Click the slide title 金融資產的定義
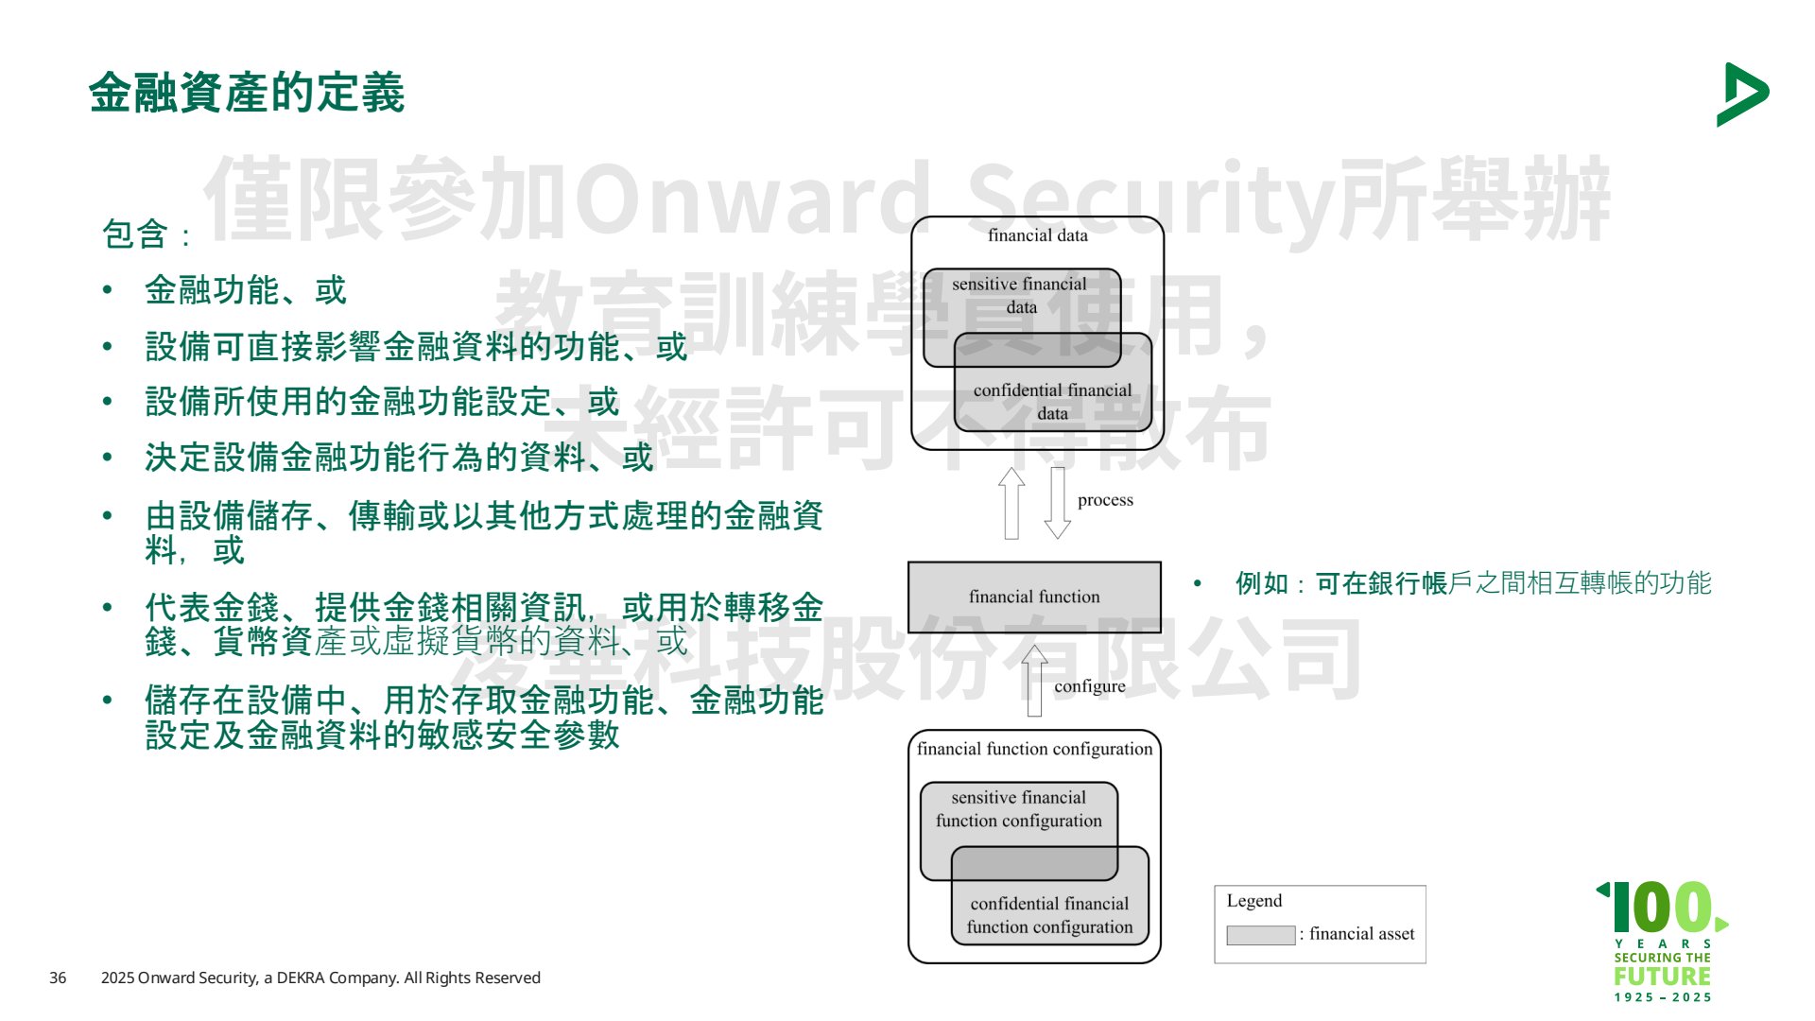(x=247, y=93)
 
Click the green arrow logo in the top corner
(x=1742, y=95)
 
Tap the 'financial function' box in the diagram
(x=1034, y=597)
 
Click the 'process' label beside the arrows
(x=1105, y=500)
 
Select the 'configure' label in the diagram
(x=1089, y=686)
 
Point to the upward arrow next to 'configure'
(x=1035, y=681)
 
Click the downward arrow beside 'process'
(x=1058, y=503)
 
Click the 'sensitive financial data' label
(x=1020, y=295)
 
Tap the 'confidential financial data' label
(x=1052, y=402)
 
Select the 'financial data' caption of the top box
(x=1037, y=235)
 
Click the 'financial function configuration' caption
(x=1034, y=749)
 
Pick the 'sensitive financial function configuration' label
(x=1019, y=809)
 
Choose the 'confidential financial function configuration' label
(x=1049, y=915)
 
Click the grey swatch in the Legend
(x=1260, y=935)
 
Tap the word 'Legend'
(x=1254, y=901)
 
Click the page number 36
(x=58, y=978)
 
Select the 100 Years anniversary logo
(x=1663, y=942)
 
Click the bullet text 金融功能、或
(x=246, y=290)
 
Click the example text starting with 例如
(x=1473, y=583)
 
